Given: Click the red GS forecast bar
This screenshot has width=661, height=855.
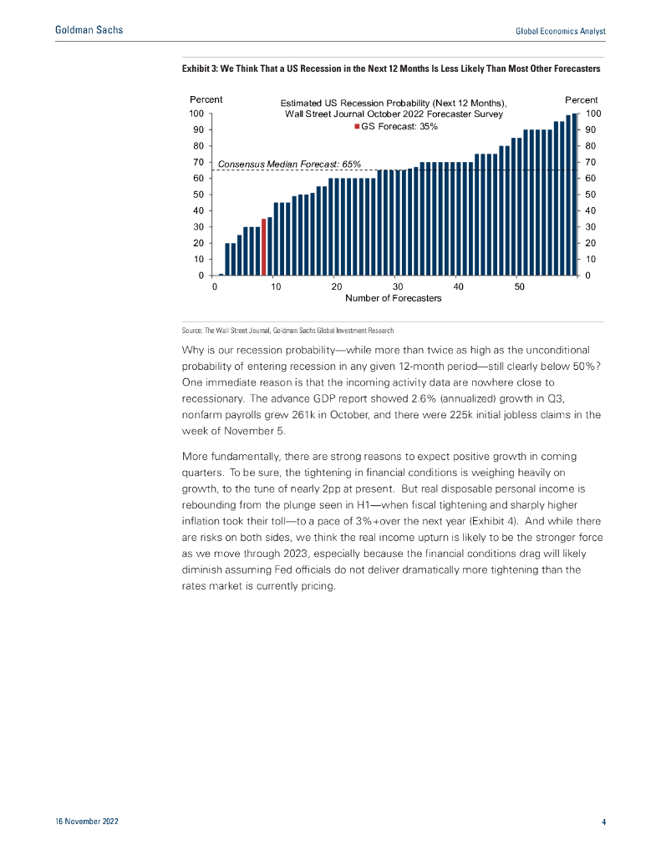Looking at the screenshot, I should [x=264, y=247].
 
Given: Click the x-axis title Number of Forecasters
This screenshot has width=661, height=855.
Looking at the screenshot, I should [x=393, y=298].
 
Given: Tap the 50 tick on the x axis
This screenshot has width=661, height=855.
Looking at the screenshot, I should [x=520, y=286].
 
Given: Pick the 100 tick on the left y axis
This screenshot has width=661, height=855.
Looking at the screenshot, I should [x=196, y=114].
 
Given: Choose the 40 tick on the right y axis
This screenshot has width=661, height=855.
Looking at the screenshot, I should [x=592, y=210].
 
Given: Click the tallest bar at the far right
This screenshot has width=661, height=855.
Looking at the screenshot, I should [x=574, y=195].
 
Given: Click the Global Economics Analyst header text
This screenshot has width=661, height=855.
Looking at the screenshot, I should [x=559, y=31].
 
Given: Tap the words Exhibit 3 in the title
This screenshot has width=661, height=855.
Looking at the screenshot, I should [x=201, y=67].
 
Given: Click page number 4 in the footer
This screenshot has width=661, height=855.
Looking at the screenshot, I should [x=603, y=822].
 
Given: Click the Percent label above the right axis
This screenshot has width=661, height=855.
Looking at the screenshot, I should [x=581, y=100].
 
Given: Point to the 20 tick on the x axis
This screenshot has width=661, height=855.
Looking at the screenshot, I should [x=337, y=286].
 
